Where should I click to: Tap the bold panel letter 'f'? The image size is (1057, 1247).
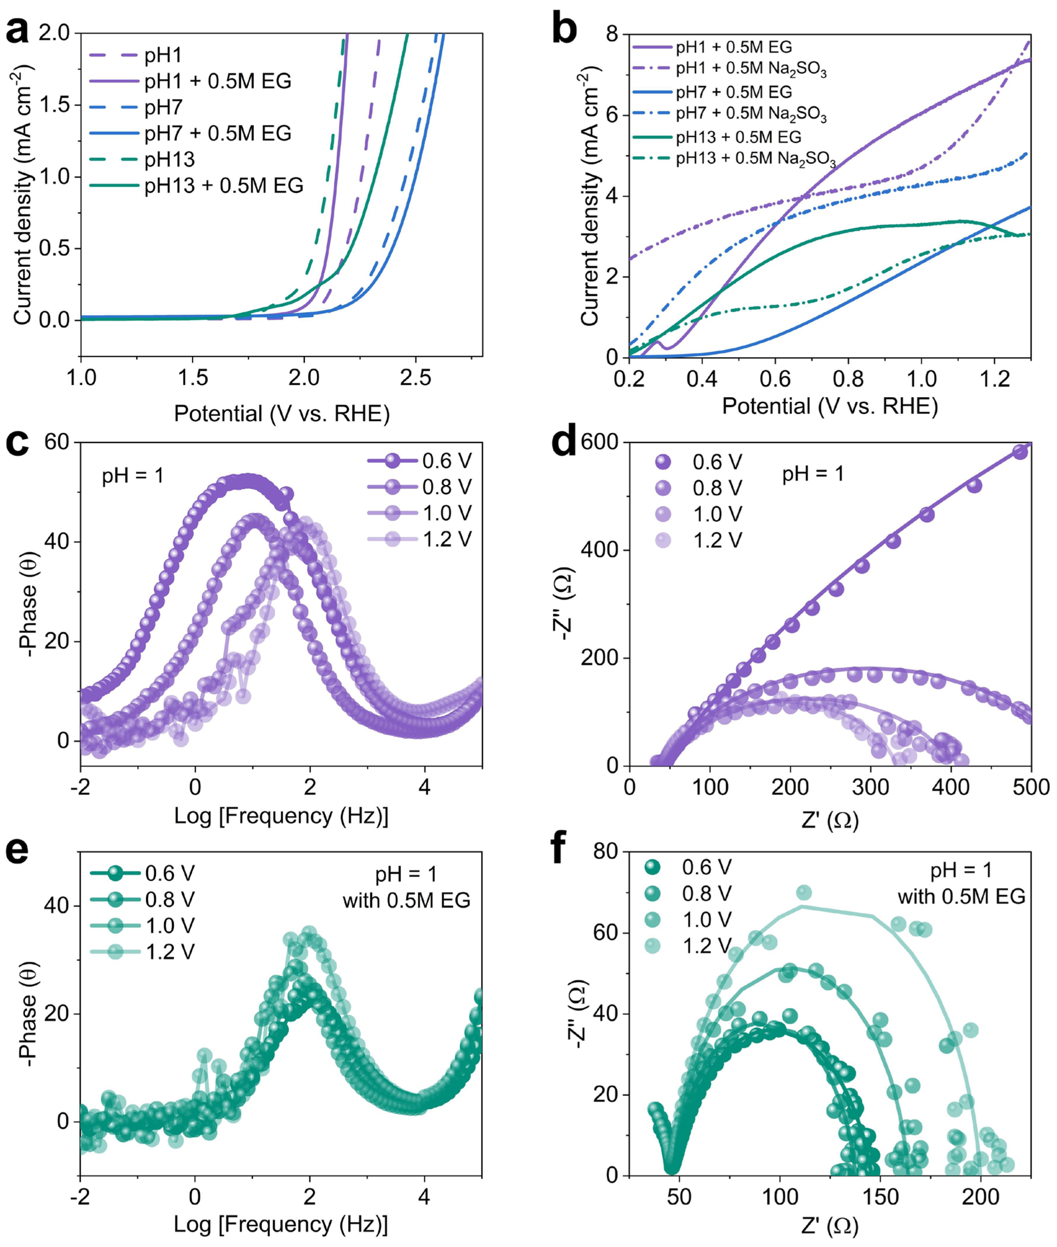pos(557,847)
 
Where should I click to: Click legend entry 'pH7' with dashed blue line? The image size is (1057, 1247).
pos(163,107)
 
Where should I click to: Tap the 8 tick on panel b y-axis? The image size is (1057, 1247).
pos(612,35)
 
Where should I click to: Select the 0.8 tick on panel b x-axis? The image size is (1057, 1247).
pos(848,379)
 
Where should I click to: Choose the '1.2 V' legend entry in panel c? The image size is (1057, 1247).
pos(446,539)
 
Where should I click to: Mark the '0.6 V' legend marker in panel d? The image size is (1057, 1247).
pos(663,462)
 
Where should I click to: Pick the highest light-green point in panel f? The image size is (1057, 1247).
pos(804,893)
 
